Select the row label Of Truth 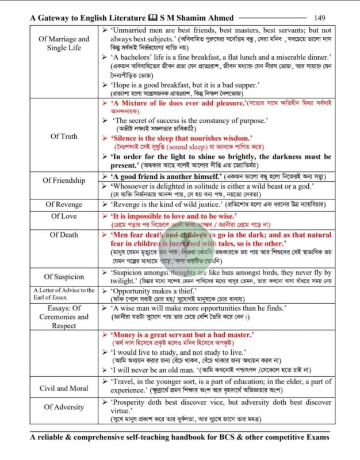click(x=64, y=136)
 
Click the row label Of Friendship click(x=64, y=180)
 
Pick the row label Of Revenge click(x=64, y=204)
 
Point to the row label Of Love click(x=64, y=216)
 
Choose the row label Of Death click(x=64, y=235)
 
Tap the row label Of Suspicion click(x=64, y=277)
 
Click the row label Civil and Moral click(x=64, y=388)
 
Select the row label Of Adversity click(x=64, y=407)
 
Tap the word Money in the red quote click(x=128, y=335)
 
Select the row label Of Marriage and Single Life click(x=64, y=43)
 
